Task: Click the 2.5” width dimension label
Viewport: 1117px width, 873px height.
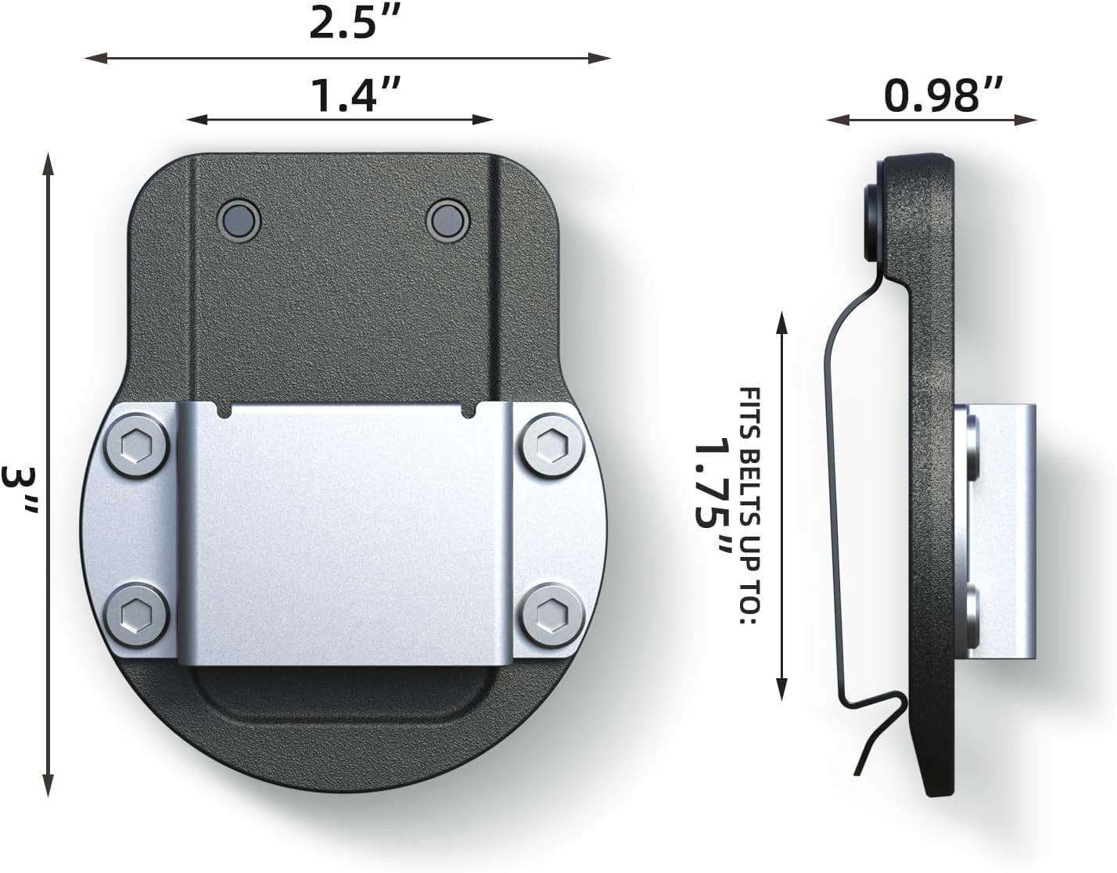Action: click(x=354, y=23)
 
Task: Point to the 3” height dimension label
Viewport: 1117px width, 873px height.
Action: click(x=20, y=490)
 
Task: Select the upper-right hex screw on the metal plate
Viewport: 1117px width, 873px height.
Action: click(x=552, y=445)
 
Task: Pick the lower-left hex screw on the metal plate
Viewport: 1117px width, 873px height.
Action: click(x=136, y=615)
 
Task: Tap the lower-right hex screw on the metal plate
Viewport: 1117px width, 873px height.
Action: click(x=552, y=615)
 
